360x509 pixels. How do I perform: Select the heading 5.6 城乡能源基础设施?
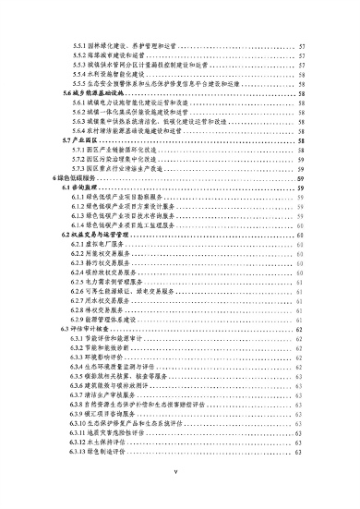92,94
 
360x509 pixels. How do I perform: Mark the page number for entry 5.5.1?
303,44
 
